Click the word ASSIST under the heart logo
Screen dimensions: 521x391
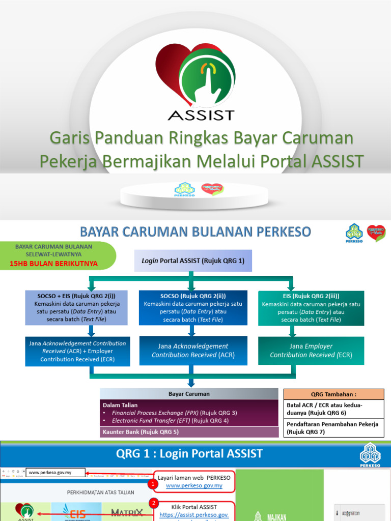pos(201,114)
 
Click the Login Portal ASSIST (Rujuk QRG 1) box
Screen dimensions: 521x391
pos(193,260)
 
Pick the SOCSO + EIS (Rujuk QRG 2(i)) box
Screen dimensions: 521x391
pos(76,308)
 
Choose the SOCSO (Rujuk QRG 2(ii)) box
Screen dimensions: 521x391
pos(193,308)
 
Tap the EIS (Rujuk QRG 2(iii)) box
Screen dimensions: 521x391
pos(311,308)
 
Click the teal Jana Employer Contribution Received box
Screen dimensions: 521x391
pos(311,351)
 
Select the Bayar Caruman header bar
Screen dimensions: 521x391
pos(189,394)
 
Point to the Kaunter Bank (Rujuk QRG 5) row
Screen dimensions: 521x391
pos(189,432)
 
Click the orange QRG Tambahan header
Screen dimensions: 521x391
pos(333,394)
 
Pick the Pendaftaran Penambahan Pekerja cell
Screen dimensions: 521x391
pos(333,428)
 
